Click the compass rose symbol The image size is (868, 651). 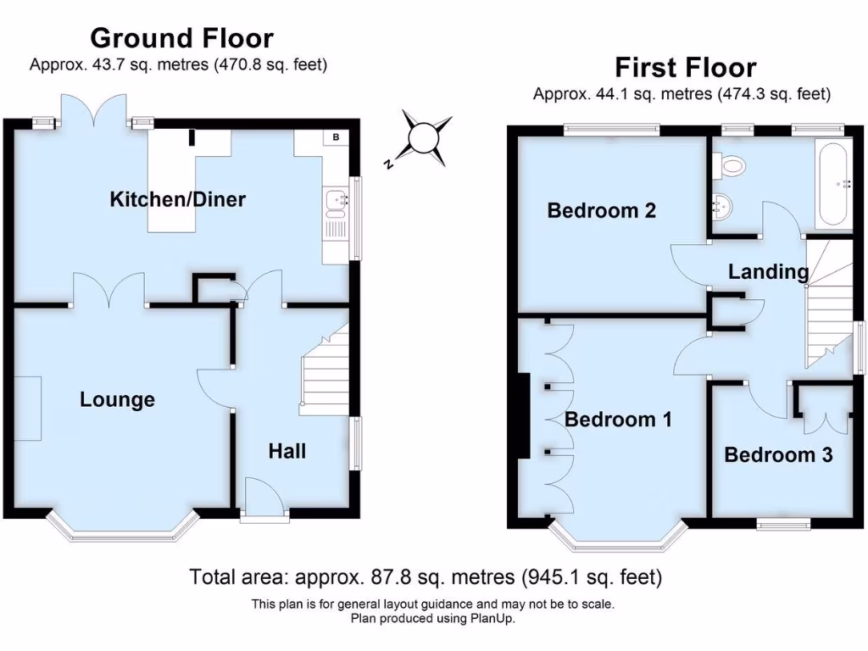421,138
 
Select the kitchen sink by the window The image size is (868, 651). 337,201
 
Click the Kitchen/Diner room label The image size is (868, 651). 178,200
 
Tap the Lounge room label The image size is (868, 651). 118,399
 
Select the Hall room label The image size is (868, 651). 287,451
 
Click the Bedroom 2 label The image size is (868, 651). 602,210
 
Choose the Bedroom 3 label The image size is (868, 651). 778,455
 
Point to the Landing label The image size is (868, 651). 768,272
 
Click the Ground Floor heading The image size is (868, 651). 181,38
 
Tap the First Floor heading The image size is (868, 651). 685,67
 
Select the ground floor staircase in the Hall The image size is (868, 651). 324,373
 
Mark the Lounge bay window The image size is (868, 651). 122,531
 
